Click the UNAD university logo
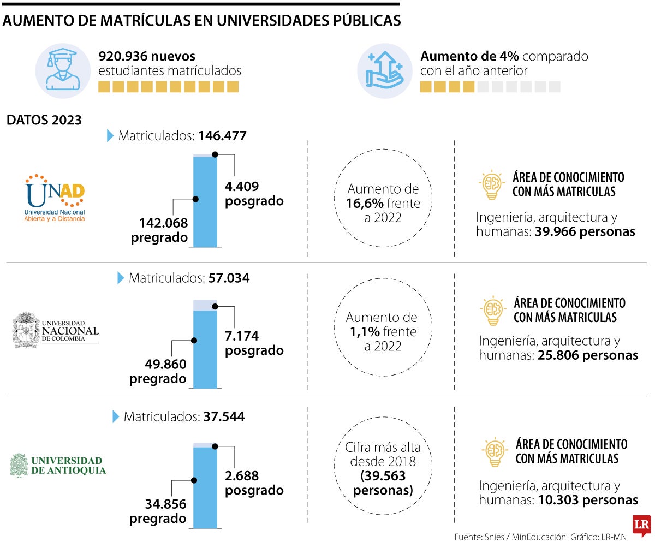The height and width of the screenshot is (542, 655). coord(55,198)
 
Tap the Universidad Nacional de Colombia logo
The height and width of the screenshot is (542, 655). coord(56,330)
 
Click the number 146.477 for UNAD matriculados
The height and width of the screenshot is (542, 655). coord(223,135)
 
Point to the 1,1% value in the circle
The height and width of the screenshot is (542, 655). coord(362,332)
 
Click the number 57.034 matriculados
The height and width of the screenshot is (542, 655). coord(229,278)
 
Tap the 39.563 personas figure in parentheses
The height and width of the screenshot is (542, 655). coord(383,475)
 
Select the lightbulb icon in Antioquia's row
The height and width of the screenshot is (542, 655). coord(495,452)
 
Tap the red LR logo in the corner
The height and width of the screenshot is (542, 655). coord(641,526)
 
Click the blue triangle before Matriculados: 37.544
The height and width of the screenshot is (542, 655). coord(116,417)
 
